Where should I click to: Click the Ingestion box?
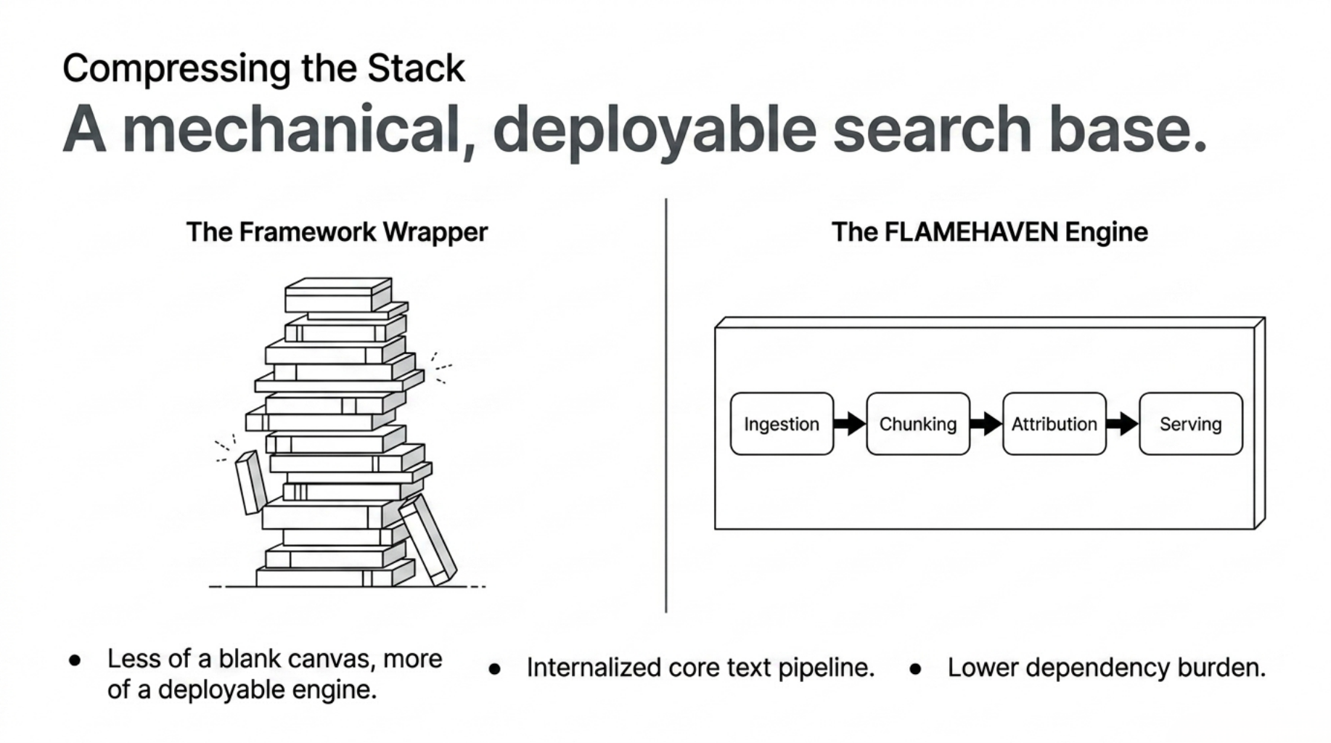click(x=782, y=424)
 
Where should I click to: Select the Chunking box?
click(x=918, y=424)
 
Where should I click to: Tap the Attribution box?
click(x=1054, y=424)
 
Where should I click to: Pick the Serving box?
click(x=1190, y=424)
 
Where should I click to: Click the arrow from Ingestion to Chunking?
click(x=849, y=423)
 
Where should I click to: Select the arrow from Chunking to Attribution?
click(x=986, y=423)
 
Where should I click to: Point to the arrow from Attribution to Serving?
click(x=1122, y=423)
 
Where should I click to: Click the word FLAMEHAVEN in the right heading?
click(x=971, y=232)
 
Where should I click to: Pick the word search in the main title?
click(x=932, y=129)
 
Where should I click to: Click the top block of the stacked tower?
click(x=337, y=295)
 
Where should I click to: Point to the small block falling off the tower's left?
click(x=251, y=482)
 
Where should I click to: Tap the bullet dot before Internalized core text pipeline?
click(x=495, y=669)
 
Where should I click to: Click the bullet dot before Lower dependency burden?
click(x=915, y=669)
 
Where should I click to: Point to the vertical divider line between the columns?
click(x=665, y=406)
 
